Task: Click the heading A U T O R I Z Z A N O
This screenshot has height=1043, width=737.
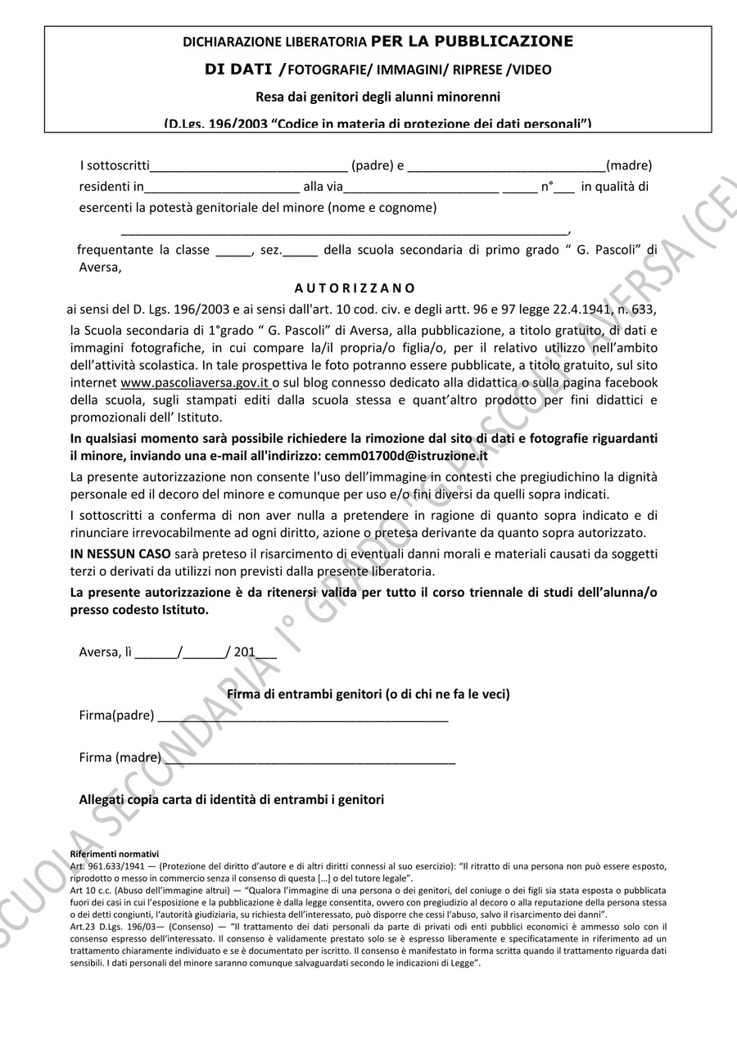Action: click(355, 288)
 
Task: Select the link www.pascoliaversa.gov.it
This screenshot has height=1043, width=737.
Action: click(195, 383)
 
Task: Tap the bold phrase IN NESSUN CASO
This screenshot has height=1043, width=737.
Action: click(120, 553)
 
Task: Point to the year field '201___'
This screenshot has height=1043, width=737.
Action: click(255, 652)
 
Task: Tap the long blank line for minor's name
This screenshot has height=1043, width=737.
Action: click(344, 230)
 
